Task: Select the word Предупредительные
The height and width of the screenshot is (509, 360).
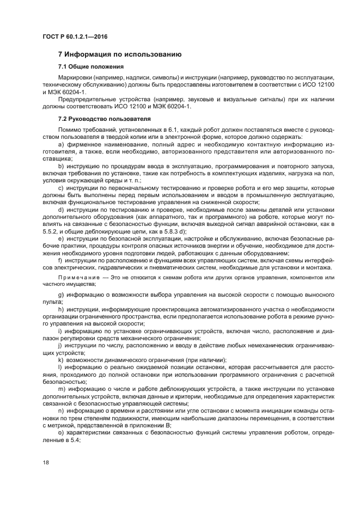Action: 90,100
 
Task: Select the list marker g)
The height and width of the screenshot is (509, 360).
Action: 61,295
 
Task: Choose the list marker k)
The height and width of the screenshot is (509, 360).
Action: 61,359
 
